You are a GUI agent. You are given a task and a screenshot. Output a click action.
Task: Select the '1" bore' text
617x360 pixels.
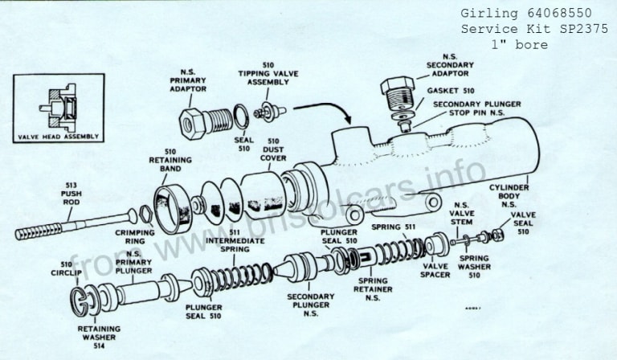click(520, 44)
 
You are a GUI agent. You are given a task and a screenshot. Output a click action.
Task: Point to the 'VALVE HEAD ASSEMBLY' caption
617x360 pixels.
click(58, 137)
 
